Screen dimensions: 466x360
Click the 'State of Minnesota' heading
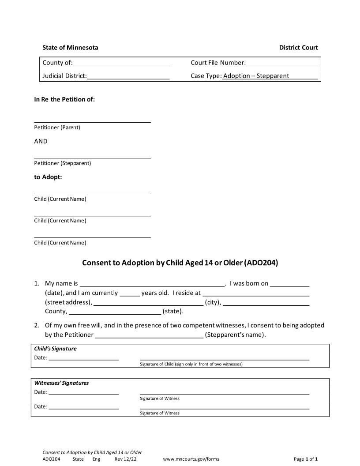tap(70, 48)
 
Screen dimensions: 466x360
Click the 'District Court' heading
tap(298, 48)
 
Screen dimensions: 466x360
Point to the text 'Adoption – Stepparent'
tap(256, 76)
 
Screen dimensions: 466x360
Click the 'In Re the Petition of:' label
tap(64, 99)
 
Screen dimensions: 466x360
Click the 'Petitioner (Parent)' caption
tap(57, 128)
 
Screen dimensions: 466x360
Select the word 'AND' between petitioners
tap(41, 141)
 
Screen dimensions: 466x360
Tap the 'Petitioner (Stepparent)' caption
tap(63, 163)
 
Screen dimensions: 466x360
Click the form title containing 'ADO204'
tap(180, 263)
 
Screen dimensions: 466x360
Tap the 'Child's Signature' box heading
tap(56, 349)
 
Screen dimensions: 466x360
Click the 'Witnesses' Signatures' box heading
tap(61, 383)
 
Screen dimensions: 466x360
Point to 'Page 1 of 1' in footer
tap(306, 459)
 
